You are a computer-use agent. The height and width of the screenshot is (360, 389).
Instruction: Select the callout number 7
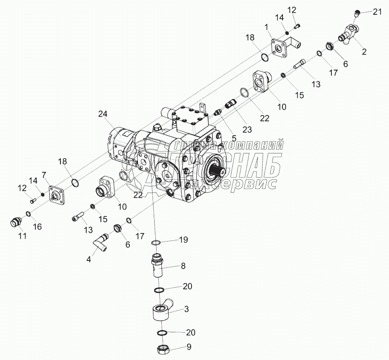click(x=44, y=175)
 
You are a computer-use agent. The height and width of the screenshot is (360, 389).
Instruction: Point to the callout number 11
click(x=22, y=236)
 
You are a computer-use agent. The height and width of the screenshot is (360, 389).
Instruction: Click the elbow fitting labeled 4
click(x=101, y=243)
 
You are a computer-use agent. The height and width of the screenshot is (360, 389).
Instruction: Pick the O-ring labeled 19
click(x=156, y=243)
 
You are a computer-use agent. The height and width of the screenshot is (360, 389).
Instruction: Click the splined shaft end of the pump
click(x=218, y=171)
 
